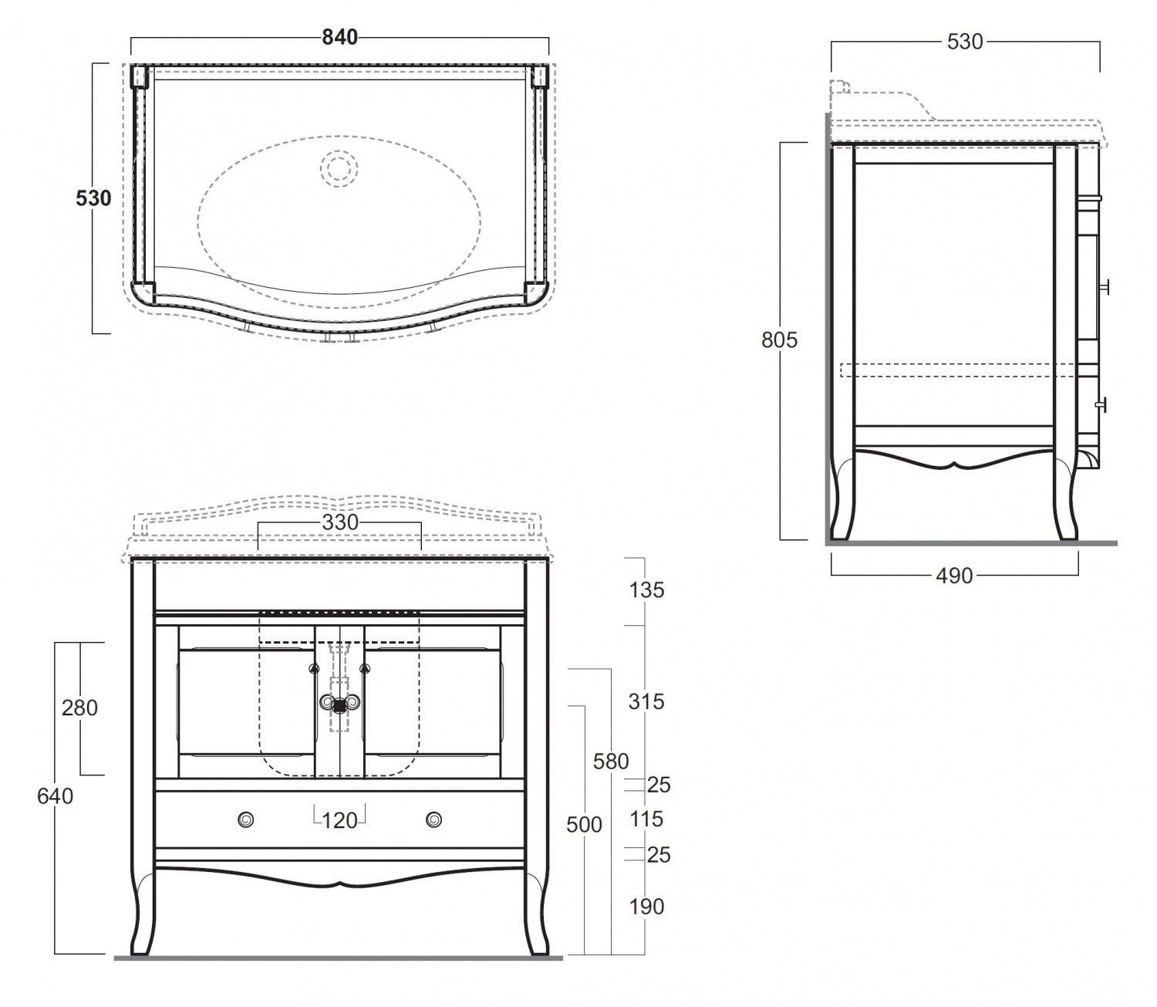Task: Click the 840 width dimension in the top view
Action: click(x=340, y=37)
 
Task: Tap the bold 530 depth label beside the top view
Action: click(x=93, y=198)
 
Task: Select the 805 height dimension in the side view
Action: click(x=779, y=340)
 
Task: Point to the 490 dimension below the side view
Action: click(x=955, y=576)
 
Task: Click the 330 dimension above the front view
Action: click(x=340, y=522)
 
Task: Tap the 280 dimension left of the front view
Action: click(x=79, y=708)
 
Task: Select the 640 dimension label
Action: click(x=55, y=796)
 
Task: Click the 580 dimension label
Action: click(x=611, y=762)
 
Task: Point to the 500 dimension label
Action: click(x=584, y=825)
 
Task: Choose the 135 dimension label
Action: click(x=646, y=590)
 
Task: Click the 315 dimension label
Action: click(x=646, y=702)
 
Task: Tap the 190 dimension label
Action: click(x=646, y=907)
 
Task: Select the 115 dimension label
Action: click(x=646, y=819)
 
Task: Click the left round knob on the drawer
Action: click(x=246, y=819)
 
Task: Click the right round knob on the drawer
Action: click(x=433, y=819)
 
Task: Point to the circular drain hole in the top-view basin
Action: click(x=339, y=168)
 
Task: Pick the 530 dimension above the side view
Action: click(x=965, y=42)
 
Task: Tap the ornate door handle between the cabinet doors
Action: click(x=339, y=703)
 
